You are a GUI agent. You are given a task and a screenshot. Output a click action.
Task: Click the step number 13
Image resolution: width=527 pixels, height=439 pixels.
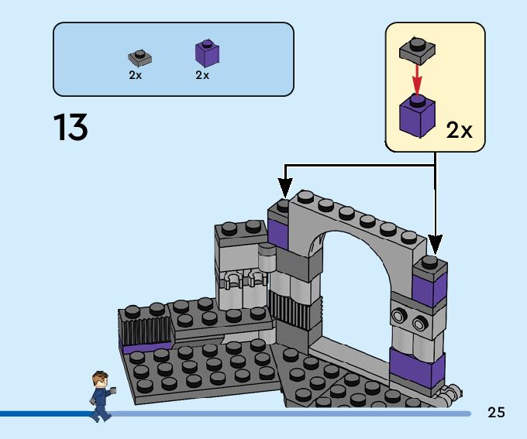click(x=71, y=128)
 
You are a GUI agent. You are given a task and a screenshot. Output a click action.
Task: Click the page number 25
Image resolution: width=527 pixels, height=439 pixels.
click(x=496, y=412)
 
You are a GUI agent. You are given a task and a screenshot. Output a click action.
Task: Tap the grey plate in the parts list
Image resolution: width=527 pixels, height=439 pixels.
click(x=139, y=58)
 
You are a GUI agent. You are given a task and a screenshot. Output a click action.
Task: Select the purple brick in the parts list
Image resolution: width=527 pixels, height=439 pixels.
click(x=207, y=53)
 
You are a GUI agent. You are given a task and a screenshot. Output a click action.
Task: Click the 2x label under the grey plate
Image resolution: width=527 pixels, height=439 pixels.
click(x=136, y=76)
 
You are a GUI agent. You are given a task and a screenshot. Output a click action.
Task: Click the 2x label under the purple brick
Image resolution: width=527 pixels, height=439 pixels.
click(x=202, y=76)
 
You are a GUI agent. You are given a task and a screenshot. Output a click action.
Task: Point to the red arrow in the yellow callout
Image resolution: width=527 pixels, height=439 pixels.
click(x=418, y=77)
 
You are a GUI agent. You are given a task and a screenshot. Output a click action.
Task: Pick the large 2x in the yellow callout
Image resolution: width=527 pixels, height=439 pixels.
click(x=459, y=131)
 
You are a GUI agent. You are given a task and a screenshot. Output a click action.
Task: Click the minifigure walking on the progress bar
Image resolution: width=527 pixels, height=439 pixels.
click(x=102, y=395)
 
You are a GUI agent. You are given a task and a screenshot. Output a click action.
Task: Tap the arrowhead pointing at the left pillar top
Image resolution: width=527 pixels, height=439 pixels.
click(x=285, y=189)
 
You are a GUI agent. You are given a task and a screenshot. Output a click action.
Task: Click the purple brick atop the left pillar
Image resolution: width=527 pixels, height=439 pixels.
click(x=277, y=233)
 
